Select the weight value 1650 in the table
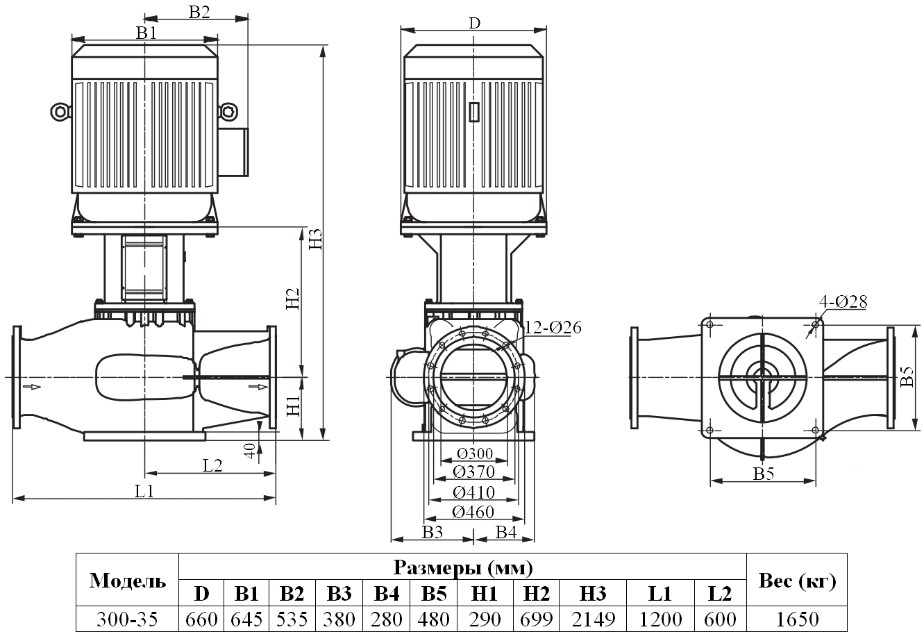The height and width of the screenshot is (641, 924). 797,618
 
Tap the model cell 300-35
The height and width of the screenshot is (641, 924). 128,618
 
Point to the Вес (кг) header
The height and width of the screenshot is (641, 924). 797,581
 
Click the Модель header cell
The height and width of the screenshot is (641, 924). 128,581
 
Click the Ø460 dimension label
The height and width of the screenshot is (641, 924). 473,512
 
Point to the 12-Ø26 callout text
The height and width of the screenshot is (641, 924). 553,327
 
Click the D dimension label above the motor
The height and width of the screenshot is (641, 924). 473,22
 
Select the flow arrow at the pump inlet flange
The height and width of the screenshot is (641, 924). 31,386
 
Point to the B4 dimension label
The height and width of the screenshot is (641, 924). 505,532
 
